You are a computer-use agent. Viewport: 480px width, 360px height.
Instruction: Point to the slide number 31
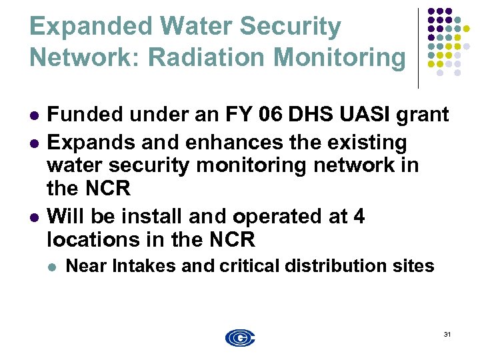pos(447,334)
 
